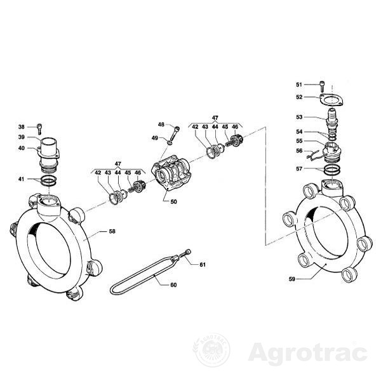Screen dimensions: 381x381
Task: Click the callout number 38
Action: (22, 127)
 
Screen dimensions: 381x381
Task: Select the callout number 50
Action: (174, 202)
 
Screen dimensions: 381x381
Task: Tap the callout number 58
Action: (112, 231)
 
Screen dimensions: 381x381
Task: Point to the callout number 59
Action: (292, 279)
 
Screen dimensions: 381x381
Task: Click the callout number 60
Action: (173, 284)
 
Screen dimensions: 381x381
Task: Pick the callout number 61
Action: (203, 265)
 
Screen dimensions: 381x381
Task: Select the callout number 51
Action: (299, 84)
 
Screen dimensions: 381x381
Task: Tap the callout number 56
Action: (299, 151)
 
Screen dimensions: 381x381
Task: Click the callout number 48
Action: (161, 124)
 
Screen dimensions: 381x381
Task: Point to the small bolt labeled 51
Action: (322, 85)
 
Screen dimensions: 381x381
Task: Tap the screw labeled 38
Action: (39, 129)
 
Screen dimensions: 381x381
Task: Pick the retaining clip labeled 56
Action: (313, 155)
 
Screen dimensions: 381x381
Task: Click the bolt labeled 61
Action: (185, 253)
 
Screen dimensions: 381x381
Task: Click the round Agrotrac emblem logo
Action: (211, 349)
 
